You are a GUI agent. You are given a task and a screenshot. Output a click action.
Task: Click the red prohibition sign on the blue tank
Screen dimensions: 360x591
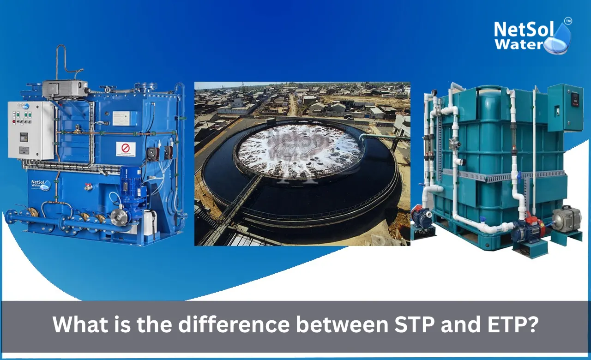(x=126, y=149)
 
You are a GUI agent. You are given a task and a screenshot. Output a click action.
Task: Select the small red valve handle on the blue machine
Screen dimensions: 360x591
(x=86, y=187)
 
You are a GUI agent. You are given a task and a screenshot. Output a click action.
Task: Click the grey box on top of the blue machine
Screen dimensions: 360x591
(x=65, y=89)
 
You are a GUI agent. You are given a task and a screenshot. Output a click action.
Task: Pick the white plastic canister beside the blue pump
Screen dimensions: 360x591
(x=150, y=222)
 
